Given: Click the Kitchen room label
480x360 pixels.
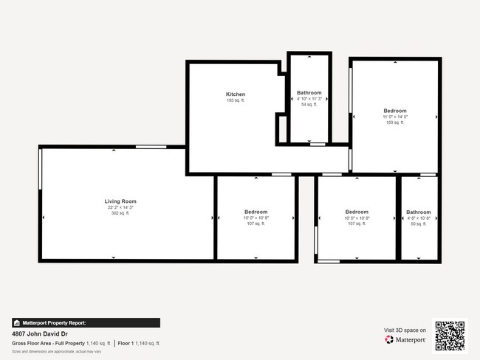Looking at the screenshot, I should (236, 94).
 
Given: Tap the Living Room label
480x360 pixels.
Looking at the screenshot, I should (120, 201).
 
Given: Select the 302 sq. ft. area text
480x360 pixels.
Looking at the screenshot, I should (120, 213).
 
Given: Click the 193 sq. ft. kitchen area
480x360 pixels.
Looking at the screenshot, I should (236, 100).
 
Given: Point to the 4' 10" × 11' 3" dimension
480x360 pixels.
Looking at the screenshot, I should (309, 99).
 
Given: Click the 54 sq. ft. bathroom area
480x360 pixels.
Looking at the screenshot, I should (309, 105).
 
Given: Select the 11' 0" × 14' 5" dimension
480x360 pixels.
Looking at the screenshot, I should (394, 117).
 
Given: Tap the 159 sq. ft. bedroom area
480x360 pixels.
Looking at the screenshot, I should (394, 122).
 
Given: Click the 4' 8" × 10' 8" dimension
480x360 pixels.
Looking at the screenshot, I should (418, 218).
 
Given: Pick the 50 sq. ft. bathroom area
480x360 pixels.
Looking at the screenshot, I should (418, 224).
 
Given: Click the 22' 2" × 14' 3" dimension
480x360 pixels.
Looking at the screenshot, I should (120, 207).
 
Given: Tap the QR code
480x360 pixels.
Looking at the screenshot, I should (450, 335).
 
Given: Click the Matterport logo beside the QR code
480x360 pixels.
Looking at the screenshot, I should (405, 340).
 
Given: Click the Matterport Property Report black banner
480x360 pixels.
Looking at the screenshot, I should (86, 322).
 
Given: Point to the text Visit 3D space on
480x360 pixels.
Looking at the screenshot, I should (405, 330).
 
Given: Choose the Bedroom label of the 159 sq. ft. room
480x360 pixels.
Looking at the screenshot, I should (394, 111).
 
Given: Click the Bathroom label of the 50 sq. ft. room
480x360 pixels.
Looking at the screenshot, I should (418, 212).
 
